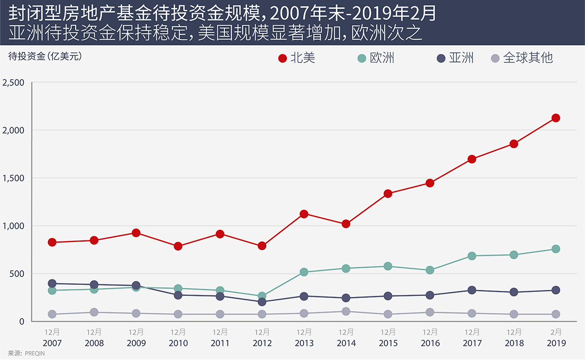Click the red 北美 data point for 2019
click(556, 118)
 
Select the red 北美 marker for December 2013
click(304, 214)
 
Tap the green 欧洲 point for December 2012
click(262, 296)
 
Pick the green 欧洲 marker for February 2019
click(556, 249)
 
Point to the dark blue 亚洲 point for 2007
click(52, 283)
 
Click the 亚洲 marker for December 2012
click(262, 302)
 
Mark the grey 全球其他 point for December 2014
click(346, 312)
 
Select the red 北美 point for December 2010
click(178, 246)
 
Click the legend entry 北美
click(297, 58)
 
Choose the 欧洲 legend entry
click(376, 58)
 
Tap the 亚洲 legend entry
click(455, 58)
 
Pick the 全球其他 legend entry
click(521, 58)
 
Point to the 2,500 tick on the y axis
click(14, 82)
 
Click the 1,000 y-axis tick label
click(14, 226)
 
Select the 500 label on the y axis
click(18, 274)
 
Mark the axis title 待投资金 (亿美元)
click(45, 56)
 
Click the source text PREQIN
click(36, 353)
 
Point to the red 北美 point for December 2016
click(430, 183)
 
